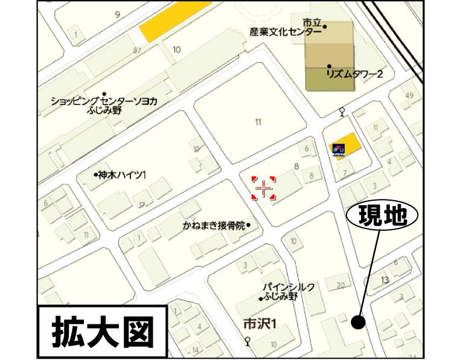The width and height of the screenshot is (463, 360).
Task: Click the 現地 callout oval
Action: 382,216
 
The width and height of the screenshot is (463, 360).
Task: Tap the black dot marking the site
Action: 358,323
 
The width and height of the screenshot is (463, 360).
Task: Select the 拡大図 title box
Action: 101,331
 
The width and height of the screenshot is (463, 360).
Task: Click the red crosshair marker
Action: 263,189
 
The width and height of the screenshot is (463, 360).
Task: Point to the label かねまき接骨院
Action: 214,226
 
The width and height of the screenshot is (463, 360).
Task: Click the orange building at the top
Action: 174,20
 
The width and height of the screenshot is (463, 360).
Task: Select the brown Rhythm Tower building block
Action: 330,55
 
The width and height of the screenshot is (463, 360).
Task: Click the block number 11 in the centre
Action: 258,122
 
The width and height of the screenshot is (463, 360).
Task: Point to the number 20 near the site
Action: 340,285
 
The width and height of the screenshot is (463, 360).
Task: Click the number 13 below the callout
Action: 385,280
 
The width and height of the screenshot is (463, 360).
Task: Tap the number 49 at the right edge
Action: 410,96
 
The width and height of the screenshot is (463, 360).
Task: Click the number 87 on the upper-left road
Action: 137,50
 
